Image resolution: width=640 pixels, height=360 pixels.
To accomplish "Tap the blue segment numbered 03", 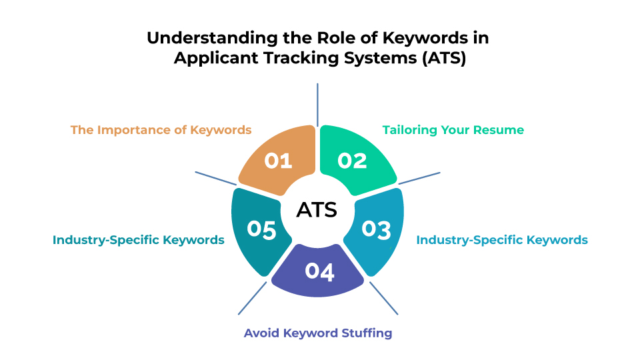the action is (x=376, y=230).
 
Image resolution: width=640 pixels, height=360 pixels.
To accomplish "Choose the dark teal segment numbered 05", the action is (x=259, y=230).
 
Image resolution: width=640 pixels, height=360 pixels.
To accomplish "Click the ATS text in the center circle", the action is (x=317, y=210).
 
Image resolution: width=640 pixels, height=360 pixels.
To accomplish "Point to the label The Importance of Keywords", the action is (x=161, y=130).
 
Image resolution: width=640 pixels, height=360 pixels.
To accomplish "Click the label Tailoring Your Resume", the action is (x=453, y=130).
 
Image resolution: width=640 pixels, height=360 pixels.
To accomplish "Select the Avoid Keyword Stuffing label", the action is (x=318, y=333).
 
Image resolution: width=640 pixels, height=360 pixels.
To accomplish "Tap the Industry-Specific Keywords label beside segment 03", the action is (x=502, y=239).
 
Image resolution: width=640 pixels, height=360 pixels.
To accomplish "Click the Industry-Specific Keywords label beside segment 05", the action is (x=139, y=239).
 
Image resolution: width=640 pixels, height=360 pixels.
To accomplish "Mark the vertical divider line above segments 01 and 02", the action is (x=317, y=105).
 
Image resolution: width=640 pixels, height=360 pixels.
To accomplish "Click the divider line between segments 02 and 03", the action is (x=419, y=179).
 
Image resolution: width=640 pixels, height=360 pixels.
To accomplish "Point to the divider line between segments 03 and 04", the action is (x=384, y=299).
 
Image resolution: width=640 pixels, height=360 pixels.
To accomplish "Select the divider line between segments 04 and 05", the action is (x=252, y=299).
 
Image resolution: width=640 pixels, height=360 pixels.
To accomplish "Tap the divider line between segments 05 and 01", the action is (x=215, y=179).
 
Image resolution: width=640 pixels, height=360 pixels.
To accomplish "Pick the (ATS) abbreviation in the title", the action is (x=444, y=57).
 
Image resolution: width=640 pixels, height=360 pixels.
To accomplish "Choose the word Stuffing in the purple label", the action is (x=367, y=333).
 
